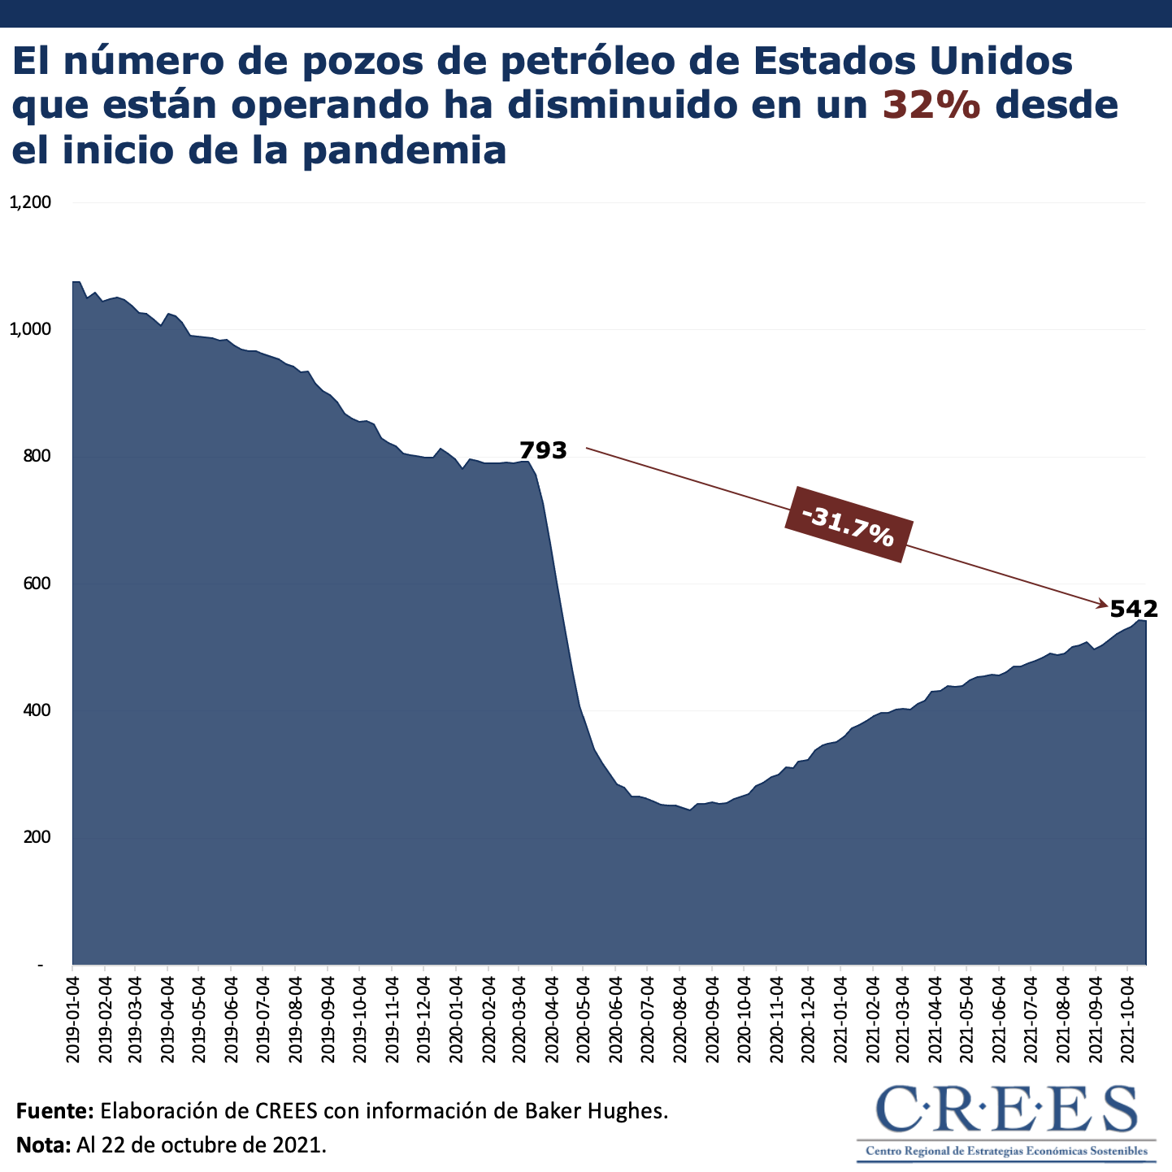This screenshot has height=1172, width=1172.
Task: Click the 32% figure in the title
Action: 931,105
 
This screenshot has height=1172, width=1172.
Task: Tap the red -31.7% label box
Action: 848,524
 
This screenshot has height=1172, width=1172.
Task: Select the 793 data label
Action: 543,450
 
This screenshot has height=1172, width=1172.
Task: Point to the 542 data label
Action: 1133,608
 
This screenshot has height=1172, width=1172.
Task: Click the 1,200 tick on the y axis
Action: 30,202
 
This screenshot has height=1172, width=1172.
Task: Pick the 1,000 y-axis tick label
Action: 30,329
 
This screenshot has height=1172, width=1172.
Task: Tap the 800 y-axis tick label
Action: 36,456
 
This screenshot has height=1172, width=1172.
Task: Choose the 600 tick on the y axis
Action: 36,584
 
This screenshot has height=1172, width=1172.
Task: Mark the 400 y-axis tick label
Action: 36,710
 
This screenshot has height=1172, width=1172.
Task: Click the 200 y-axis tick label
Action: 36,837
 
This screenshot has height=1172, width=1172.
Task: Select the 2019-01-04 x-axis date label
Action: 73,1017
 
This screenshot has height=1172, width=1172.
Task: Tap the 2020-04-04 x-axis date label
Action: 552,1017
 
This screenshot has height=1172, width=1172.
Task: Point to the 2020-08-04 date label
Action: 679,1017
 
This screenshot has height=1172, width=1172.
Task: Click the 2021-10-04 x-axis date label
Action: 1127,1017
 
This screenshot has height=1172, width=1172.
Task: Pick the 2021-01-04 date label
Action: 840,1017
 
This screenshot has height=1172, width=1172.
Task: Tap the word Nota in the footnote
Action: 44,1146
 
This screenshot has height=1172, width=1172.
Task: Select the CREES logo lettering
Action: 1007,1110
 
